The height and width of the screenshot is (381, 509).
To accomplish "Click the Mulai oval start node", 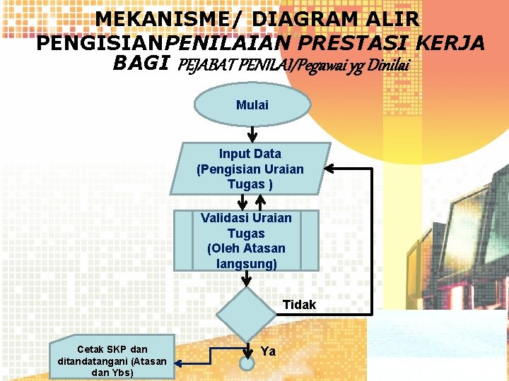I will pos(252,105).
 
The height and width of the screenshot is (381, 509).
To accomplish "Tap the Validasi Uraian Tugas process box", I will pos(245,240).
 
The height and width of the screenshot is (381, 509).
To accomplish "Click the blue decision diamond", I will pos(246,313).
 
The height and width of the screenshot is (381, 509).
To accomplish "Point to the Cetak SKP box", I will pos(112,360).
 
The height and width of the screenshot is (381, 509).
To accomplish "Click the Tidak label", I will pos(300,305).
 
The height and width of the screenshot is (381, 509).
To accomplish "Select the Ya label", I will pos(269,351).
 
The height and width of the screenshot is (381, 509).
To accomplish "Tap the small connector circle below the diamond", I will pos(247,364).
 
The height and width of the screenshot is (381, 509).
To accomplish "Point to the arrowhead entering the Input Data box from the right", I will pos(331,169).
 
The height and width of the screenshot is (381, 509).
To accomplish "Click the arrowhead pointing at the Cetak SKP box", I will pos(177,363).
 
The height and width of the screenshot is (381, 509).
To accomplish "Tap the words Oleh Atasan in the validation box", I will pos(246,248).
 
